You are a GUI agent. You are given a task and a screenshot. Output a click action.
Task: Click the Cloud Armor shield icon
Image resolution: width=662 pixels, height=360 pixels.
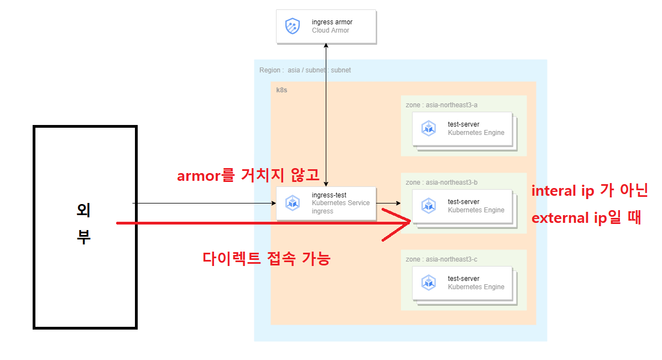(293, 26)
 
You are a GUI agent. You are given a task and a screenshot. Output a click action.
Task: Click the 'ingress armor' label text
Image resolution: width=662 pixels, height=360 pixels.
(332, 22)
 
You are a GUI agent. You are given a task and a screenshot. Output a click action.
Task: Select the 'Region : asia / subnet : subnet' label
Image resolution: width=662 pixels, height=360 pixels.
(305, 70)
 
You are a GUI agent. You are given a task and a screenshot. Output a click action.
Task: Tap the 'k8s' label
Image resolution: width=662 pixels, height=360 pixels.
(282, 90)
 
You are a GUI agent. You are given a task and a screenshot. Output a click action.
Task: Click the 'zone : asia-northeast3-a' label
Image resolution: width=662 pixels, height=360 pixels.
(441, 105)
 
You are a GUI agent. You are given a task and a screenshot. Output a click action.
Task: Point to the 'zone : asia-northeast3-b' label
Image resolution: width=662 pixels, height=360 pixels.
(441, 182)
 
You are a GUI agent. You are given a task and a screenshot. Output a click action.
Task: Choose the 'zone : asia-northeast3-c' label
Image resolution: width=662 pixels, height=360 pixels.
(441, 259)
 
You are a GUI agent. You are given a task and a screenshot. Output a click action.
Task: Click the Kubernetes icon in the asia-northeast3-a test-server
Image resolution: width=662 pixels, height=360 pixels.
(429, 128)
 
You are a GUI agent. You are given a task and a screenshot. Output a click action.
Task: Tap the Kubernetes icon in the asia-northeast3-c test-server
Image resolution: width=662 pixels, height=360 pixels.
(429, 283)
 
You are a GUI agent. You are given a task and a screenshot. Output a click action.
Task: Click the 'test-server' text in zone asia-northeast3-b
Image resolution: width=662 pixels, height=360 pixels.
(463, 202)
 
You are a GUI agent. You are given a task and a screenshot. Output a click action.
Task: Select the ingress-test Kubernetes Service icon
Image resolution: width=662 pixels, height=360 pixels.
(293, 203)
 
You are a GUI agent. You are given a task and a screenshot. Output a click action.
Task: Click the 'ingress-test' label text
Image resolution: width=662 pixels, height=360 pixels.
(329, 195)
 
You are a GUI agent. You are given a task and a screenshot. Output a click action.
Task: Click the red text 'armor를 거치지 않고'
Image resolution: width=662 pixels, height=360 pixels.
(248, 176)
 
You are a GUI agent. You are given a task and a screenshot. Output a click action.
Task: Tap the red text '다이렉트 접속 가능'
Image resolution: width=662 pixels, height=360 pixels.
(267, 258)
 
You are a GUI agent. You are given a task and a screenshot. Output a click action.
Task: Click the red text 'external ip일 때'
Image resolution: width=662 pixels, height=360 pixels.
(586, 218)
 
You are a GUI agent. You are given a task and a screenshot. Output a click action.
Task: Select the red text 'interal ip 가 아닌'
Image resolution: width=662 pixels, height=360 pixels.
(589, 191)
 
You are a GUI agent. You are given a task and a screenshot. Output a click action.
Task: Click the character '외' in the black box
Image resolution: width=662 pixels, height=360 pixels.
(84, 210)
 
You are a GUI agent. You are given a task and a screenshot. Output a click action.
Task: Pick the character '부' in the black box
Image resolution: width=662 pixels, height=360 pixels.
(84, 237)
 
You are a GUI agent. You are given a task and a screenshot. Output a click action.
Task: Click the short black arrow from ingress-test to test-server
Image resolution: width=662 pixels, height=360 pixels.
(393, 204)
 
